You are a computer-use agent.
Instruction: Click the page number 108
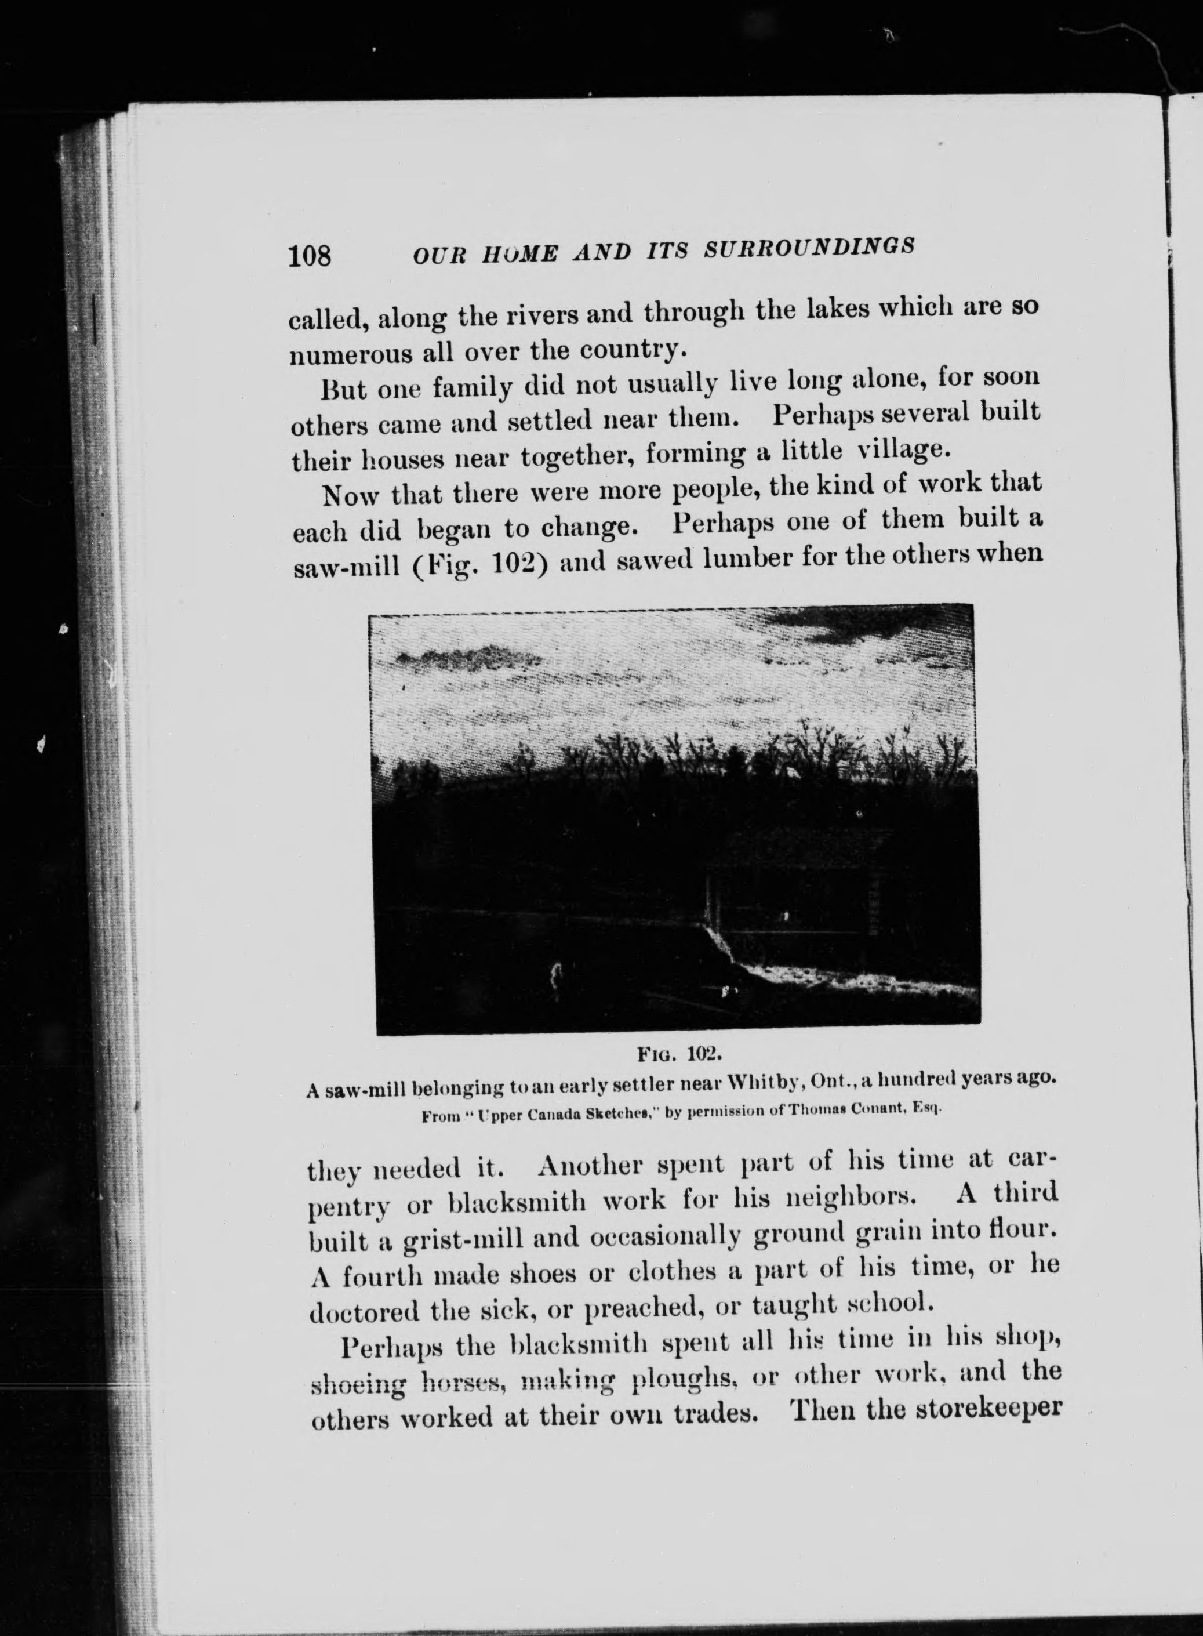(310, 256)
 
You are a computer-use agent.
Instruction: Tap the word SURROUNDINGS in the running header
(810, 249)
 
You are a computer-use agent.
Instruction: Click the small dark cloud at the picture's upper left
(466, 660)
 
